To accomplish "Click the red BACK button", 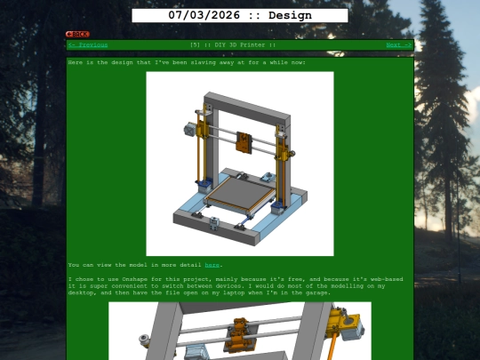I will click(77, 34).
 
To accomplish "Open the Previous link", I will click(89, 44).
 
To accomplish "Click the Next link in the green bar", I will click(398, 44).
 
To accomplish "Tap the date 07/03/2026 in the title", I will click(200, 15).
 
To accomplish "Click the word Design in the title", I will click(290, 15).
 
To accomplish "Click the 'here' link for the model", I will click(212, 265).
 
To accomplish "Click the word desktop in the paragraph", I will click(81, 292).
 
